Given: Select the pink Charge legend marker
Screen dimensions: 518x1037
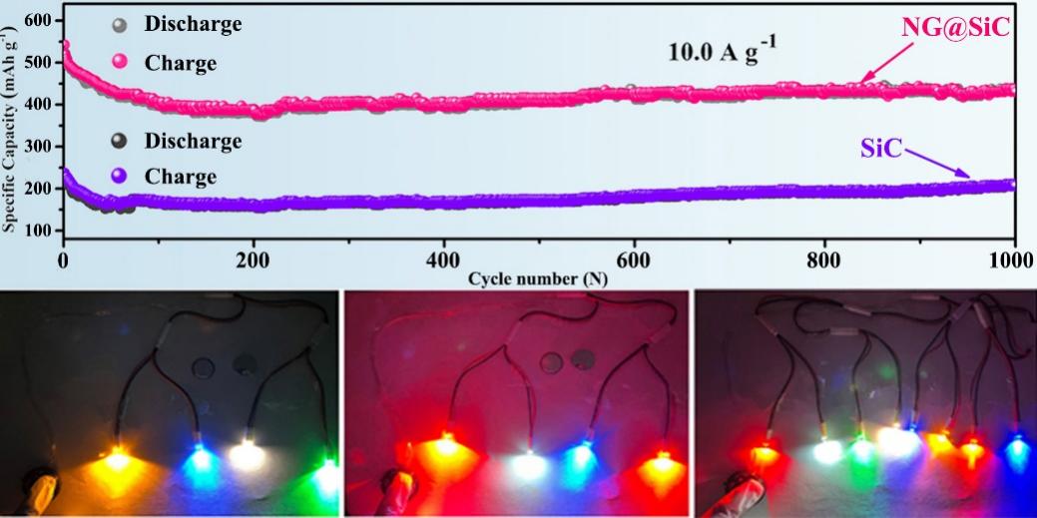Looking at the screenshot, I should [x=121, y=63].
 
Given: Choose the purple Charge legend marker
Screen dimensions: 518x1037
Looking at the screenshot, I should [x=121, y=178].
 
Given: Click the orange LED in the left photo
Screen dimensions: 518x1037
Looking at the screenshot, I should [x=117, y=459].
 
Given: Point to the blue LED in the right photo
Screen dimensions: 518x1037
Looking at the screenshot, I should [x=1016, y=446].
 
